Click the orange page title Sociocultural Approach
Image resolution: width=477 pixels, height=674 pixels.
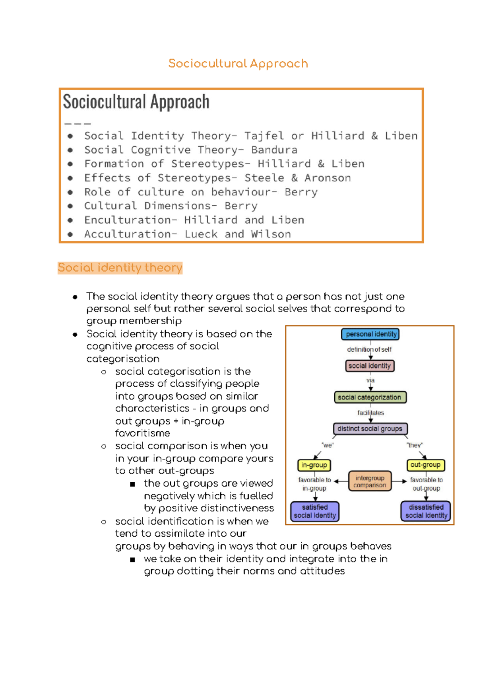point(238,64)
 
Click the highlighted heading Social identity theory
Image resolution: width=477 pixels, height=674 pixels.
point(120,268)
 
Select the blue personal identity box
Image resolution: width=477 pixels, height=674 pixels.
point(370,334)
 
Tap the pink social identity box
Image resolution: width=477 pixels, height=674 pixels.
point(370,366)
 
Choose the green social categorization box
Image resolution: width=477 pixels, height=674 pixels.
point(370,397)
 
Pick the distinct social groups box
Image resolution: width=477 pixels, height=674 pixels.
point(370,429)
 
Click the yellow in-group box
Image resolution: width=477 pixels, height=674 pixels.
point(314,465)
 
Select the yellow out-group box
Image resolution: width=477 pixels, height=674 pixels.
point(425,465)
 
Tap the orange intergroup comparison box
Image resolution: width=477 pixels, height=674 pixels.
point(370,481)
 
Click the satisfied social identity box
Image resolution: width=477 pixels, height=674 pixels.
point(315,511)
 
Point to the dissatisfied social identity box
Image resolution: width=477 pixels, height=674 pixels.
point(426,511)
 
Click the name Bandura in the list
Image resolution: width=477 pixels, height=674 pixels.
point(274,150)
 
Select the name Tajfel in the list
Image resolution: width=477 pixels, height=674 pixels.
point(264,136)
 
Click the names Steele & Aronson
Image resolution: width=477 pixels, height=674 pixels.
point(298,178)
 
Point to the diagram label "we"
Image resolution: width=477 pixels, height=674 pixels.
point(328,445)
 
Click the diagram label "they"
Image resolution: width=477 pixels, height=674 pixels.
point(415,445)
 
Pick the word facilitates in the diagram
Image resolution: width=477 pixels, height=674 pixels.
point(370,413)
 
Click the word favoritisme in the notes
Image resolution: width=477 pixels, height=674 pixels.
point(143,433)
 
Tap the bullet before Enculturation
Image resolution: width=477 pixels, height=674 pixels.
point(70,220)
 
